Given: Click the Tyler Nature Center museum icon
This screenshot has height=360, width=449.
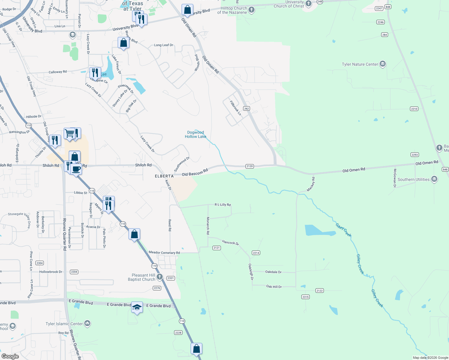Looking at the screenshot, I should pos(382,64).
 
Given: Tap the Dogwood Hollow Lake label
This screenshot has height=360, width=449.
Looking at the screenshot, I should pos(195,134).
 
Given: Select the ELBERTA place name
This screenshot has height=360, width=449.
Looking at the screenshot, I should pos(164,176).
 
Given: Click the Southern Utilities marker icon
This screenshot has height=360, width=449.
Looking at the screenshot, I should pos(434,179).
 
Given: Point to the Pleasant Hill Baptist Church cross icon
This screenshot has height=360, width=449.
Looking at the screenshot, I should pos(160,277).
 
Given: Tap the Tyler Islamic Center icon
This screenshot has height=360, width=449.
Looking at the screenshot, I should pos(87,323).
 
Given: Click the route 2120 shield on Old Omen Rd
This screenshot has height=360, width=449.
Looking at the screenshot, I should pos(249,166).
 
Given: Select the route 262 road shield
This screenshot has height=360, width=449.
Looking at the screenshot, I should pos(246,109).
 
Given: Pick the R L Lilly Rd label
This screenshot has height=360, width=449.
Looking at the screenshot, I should pos(223,205).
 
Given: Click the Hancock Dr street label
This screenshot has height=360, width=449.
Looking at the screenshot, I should pos(231,242).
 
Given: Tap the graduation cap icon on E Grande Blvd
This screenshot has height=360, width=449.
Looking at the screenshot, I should pos(137,307).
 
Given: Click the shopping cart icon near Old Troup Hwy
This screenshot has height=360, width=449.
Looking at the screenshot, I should pos(69,133).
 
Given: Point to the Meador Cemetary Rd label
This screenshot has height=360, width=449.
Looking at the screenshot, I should pos(164,253).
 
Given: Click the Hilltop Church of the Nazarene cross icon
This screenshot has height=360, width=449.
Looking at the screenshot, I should pos(252,10).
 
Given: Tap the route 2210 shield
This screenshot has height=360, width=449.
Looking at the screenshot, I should pos(414,109).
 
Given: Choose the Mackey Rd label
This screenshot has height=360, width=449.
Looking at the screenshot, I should pos(311,184).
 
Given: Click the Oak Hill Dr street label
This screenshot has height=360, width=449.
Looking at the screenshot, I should pos(274,286).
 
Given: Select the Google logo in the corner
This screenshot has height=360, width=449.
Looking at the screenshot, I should pos(10,356).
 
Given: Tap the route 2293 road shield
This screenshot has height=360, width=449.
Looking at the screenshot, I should pos(414,155).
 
